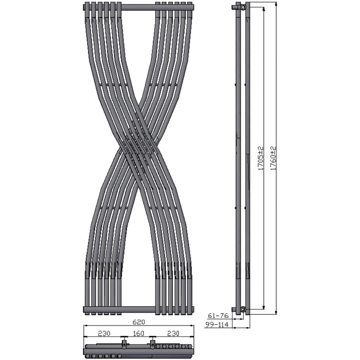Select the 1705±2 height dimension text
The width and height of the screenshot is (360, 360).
(261, 158)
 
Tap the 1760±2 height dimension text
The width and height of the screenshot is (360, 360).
(274, 158)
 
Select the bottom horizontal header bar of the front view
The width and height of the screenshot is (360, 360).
(139, 309)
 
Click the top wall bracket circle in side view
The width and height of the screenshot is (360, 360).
(243, 8)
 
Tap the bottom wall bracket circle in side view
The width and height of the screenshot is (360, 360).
(243, 309)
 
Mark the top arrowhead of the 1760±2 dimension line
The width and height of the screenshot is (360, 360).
(277, 4)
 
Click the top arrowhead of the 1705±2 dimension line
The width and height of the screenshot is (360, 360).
(264, 9)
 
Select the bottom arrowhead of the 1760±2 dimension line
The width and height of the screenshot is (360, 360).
(277, 311)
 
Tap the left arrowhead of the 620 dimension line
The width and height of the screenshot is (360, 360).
(85, 327)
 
